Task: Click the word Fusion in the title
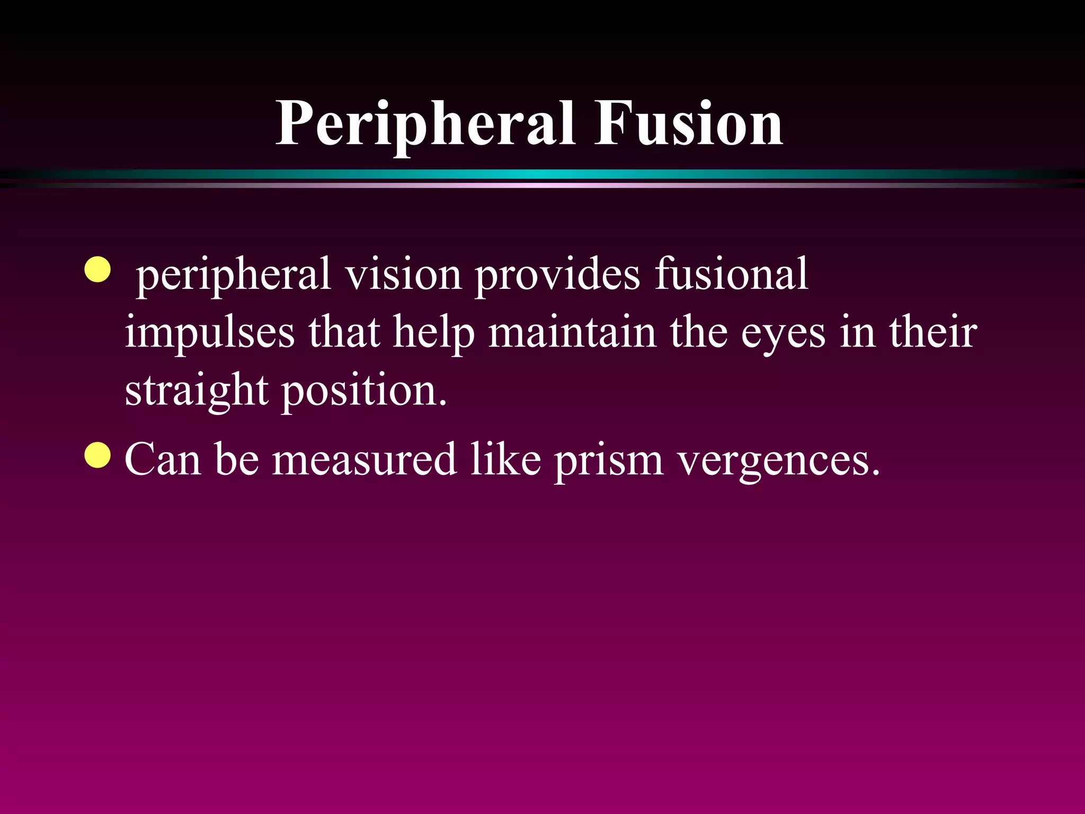[688, 124]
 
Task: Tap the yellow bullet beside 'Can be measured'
[98, 455]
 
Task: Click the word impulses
[210, 333]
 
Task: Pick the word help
[434, 333]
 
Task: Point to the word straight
[197, 391]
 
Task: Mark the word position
[364, 391]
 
